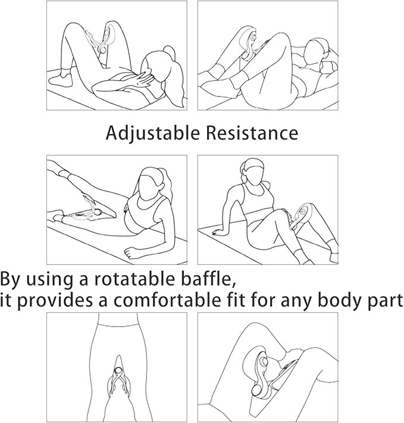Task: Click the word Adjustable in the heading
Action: click(x=153, y=133)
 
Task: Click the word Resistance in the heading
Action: click(x=252, y=133)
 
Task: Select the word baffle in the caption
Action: click(x=203, y=279)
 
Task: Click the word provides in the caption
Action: click(x=53, y=301)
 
